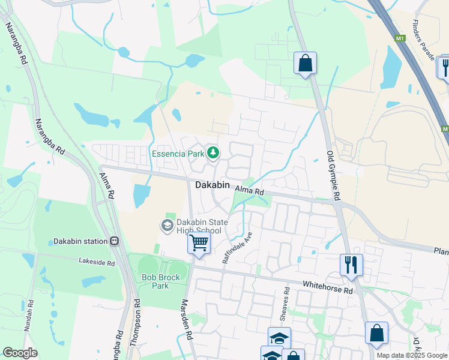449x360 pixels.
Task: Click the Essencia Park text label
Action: (x=178, y=154)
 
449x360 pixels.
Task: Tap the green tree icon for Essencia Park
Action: (x=212, y=153)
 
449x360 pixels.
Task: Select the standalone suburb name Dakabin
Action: (x=212, y=185)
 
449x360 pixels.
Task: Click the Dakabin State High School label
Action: (x=199, y=226)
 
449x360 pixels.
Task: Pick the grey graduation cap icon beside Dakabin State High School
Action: (x=167, y=226)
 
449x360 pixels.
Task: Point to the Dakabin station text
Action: (x=80, y=241)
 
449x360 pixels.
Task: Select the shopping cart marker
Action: (x=198, y=243)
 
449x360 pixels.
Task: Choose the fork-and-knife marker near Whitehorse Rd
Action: (x=351, y=264)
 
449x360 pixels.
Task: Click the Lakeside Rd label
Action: (x=96, y=262)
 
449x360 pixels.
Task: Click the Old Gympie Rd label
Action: (x=333, y=175)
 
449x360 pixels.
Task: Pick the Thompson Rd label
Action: (x=136, y=322)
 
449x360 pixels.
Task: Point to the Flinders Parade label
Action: (x=423, y=40)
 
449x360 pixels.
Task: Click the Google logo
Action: (x=20, y=353)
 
